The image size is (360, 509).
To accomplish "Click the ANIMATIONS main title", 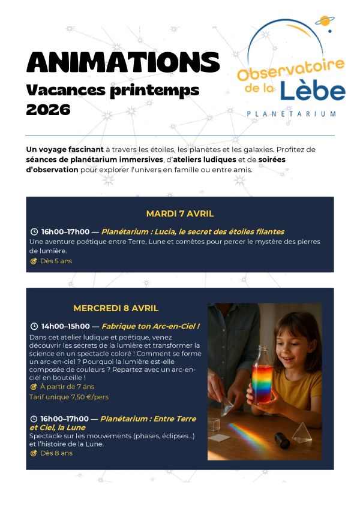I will (x=123, y=62).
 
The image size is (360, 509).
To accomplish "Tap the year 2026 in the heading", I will (x=48, y=110).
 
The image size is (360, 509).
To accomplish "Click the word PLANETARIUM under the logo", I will (x=291, y=113).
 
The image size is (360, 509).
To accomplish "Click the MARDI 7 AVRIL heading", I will (x=180, y=213).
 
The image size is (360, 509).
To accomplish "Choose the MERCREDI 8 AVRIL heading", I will (x=116, y=308).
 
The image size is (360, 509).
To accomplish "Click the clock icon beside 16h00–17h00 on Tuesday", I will (x=34, y=231).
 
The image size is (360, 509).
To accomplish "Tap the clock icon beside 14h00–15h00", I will (x=34, y=327).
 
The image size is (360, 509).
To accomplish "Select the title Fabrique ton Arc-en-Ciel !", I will (x=151, y=327).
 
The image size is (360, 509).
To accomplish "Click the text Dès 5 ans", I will (x=56, y=261).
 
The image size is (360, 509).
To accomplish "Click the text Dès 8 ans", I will (x=56, y=453).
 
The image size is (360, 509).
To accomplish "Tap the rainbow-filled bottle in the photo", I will (x=262, y=375).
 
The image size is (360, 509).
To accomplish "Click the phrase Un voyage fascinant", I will (x=56, y=149).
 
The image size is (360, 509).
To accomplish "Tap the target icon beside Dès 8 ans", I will (x=34, y=453).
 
